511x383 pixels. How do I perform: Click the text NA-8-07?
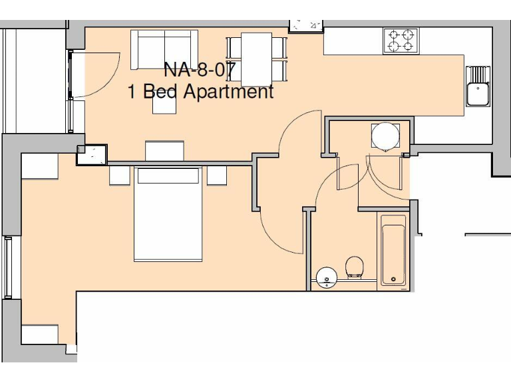(x=200, y=69)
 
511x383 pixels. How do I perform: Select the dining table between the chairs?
(x=256, y=59)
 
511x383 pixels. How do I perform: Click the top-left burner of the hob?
(x=394, y=35)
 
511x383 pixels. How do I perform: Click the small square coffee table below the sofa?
(x=164, y=104)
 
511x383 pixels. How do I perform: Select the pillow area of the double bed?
(x=168, y=176)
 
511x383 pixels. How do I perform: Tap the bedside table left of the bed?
(x=120, y=175)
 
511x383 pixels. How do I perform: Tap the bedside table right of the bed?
(x=217, y=175)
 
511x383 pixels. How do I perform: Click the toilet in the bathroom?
(x=355, y=267)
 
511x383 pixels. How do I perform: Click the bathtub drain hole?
(x=393, y=279)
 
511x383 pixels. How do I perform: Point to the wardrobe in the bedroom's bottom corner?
(x=40, y=334)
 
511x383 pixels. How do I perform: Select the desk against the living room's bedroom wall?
(x=164, y=150)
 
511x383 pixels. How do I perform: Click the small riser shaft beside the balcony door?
(x=92, y=155)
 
